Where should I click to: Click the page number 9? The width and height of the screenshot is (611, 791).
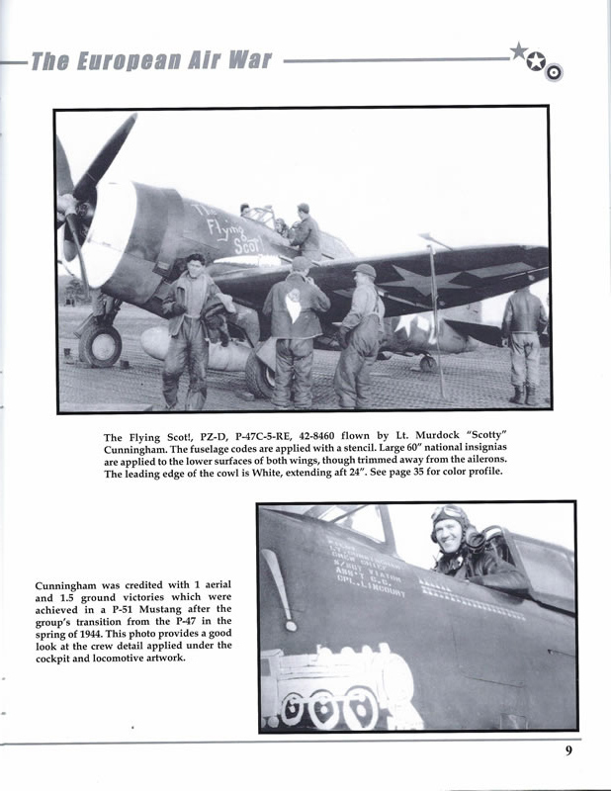click(568, 750)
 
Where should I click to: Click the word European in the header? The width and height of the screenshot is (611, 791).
click(122, 62)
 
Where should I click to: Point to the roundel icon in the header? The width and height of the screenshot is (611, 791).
click(554, 71)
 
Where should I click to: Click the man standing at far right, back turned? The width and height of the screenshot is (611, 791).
click(522, 340)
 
